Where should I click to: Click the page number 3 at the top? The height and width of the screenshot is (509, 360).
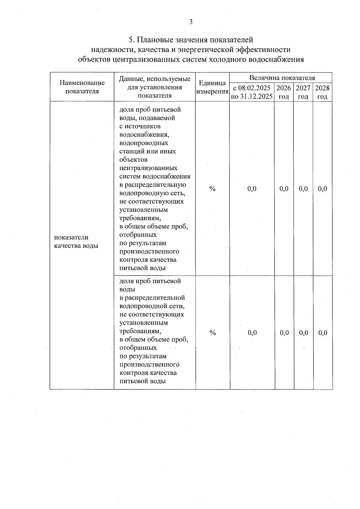[191, 22]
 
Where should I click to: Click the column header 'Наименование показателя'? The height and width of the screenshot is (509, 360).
[82, 87]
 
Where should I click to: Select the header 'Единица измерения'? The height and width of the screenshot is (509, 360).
[212, 87]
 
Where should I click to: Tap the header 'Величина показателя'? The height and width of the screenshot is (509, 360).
[282, 78]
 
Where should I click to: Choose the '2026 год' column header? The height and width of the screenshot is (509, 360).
[283, 92]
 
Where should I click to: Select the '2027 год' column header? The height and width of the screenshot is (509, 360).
[303, 92]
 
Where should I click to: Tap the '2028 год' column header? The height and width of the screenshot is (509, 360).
[322, 92]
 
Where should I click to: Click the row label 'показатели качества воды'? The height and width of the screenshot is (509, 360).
[76, 241]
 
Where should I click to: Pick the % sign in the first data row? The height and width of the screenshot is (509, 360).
[212, 189]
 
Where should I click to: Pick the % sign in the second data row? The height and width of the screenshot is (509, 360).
[213, 333]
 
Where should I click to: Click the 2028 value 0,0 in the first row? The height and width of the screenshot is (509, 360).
[322, 189]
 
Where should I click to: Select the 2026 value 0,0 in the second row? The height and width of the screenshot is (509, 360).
[284, 333]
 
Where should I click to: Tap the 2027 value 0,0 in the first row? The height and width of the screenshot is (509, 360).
[303, 189]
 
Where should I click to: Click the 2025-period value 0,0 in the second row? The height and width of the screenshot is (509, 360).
[252, 333]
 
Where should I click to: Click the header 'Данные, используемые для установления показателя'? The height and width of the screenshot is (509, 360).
[155, 87]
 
